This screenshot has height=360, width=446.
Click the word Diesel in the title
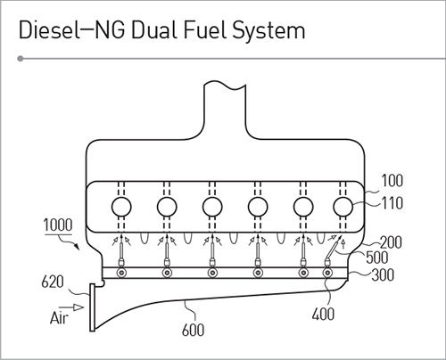point(50,30)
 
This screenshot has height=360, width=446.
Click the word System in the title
point(268,32)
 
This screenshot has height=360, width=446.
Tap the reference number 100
point(392,181)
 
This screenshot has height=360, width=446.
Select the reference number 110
point(392,203)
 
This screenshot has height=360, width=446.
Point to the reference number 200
point(392,242)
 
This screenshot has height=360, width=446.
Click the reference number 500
point(377,258)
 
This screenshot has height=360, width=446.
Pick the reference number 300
point(383,274)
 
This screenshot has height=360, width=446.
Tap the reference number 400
point(323,314)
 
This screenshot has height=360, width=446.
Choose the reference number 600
point(194,330)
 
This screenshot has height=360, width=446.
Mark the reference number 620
point(53,282)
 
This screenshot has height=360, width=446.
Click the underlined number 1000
point(58,225)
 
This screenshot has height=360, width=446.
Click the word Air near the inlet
point(59,318)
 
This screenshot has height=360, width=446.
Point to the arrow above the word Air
point(71,307)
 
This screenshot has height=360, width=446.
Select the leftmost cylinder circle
point(121,207)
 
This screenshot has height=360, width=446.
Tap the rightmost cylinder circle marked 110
point(343,207)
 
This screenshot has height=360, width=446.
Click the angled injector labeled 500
point(332,250)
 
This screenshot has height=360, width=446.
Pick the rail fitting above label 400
point(327,273)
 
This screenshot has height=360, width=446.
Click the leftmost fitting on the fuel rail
point(121,273)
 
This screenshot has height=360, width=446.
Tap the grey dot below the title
point(21,59)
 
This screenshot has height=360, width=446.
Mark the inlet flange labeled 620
point(93,307)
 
